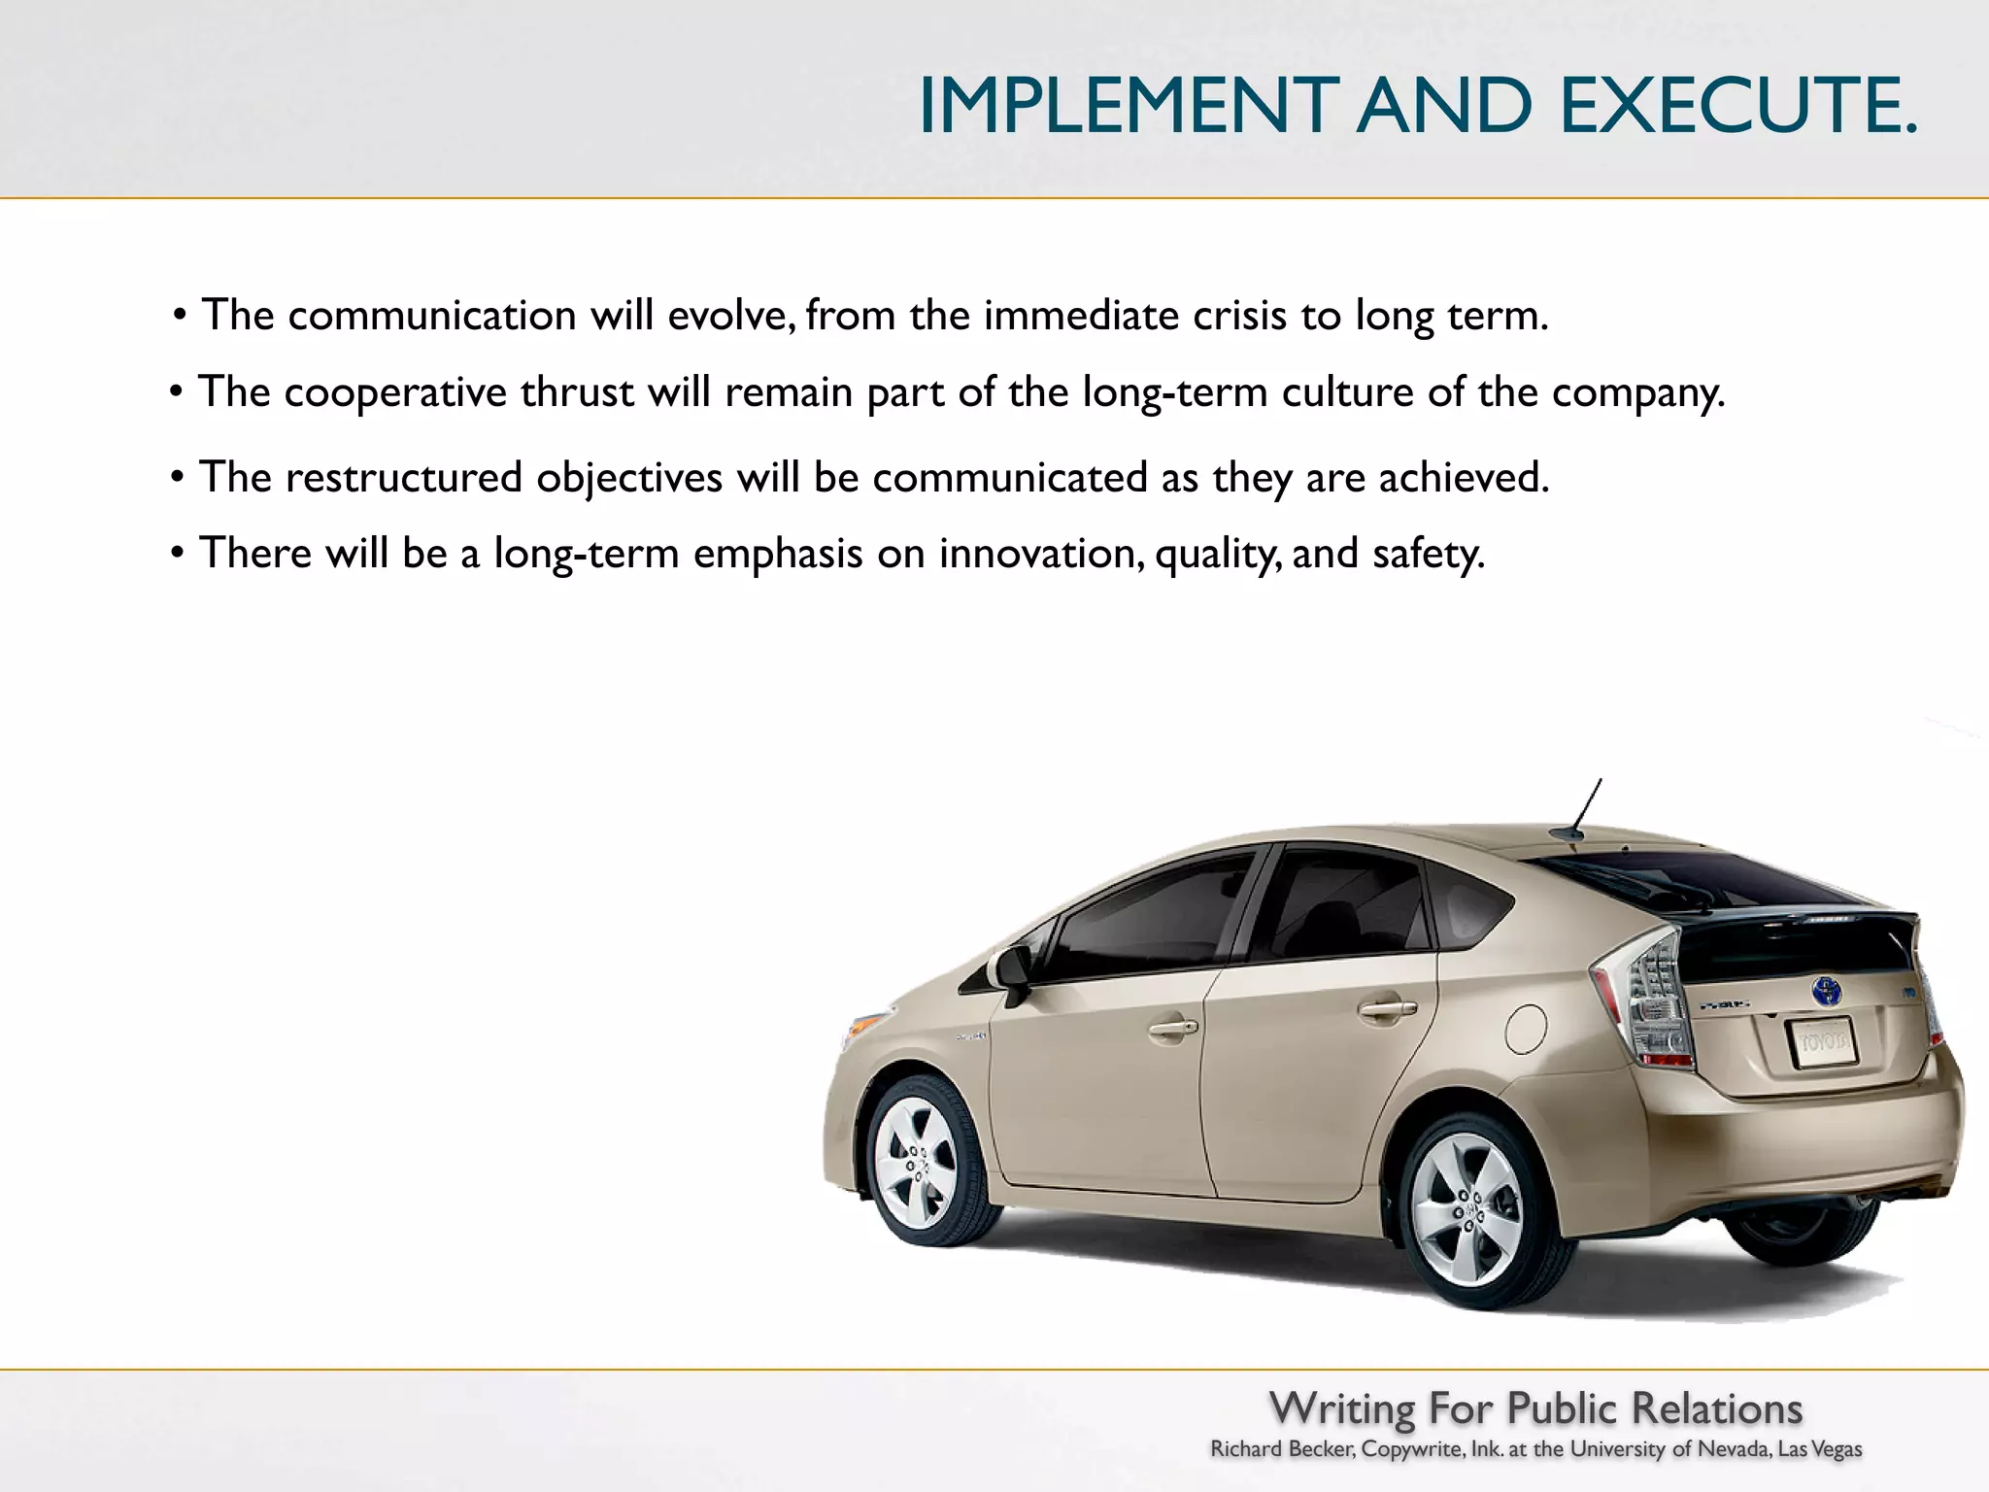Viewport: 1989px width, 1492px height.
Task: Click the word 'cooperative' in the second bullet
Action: (395, 393)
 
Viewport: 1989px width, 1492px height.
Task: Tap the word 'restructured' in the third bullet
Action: (403, 478)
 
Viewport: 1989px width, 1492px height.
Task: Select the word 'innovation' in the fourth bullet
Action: (1040, 554)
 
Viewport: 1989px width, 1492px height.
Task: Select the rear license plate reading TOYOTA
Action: (1822, 1043)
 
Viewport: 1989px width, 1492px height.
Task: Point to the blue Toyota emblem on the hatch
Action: (1826, 992)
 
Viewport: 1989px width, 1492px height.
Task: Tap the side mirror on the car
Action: (1011, 970)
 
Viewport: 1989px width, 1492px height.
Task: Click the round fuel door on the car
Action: (1525, 1029)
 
